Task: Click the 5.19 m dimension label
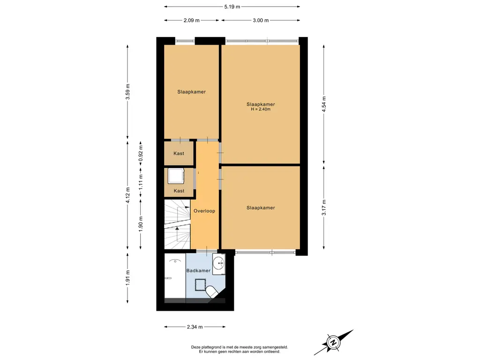point(232,7)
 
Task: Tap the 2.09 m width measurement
point(191,20)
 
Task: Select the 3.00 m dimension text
point(261,20)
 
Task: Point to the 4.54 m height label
point(323,104)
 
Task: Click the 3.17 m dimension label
point(323,207)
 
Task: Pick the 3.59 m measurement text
point(127,91)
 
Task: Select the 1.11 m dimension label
point(141,182)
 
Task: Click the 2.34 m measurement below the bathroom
point(195,327)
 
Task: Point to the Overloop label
point(204,211)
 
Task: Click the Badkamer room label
point(198,270)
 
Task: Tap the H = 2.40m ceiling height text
point(261,109)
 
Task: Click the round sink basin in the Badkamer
point(219,262)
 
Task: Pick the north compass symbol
point(333,342)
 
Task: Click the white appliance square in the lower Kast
point(176,176)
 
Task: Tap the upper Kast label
point(179,153)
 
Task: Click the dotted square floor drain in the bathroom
point(201,285)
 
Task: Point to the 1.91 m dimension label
point(127,278)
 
